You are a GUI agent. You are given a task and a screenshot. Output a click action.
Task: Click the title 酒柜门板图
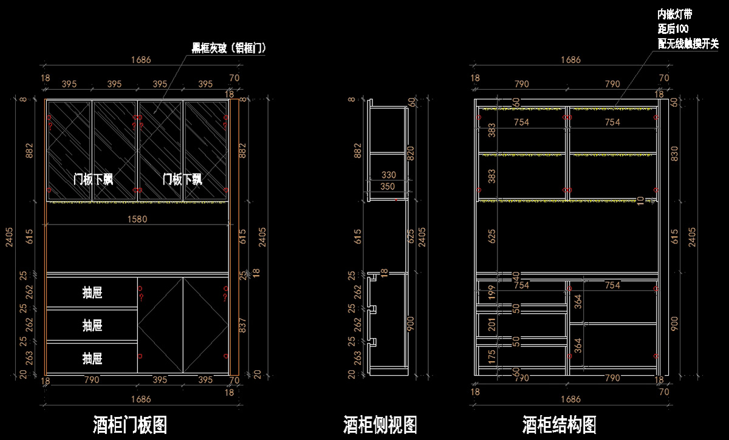point(131,424)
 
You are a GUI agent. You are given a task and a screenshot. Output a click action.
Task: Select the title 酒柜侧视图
point(380,424)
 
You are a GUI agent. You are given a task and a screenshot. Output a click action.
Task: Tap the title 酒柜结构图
point(559,424)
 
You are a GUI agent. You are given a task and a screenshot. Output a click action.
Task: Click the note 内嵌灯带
point(674,14)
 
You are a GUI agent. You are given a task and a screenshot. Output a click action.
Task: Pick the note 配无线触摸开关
point(688,43)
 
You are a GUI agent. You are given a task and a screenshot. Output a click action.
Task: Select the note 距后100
point(673,29)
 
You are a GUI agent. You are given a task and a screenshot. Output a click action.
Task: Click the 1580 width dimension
point(137,218)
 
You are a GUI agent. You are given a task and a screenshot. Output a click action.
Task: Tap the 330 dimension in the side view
point(388,175)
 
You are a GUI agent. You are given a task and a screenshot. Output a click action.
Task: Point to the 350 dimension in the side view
point(388,187)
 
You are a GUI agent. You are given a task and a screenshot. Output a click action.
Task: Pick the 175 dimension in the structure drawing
point(492,355)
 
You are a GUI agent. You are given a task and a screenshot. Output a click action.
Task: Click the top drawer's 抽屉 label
point(92,293)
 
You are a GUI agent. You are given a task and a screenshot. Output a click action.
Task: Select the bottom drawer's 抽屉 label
point(92,358)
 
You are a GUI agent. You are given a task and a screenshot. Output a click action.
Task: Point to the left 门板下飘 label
point(94,180)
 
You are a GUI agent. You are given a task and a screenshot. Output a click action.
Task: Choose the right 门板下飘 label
point(182,180)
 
